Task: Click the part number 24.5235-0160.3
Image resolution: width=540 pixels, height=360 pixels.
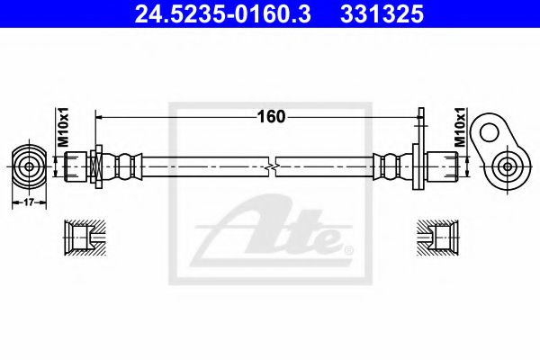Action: [x=208, y=14]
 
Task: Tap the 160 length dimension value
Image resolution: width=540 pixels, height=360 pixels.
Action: [x=271, y=116]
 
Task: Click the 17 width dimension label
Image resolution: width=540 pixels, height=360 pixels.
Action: [x=30, y=203]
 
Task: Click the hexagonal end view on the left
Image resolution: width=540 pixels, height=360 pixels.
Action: [x=30, y=166]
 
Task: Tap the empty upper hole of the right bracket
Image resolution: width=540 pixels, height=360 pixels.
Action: [x=490, y=132]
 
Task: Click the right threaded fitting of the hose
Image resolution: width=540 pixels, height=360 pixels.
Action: [x=444, y=166]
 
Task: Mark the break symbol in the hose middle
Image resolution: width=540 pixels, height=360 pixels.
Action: [x=272, y=166]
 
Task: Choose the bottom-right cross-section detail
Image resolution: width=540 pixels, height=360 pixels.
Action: [x=440, y=238]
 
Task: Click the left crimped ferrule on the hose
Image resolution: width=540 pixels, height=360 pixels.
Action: [x=126, y=166]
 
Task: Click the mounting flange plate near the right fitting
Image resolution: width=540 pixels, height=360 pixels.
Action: [x=418, y=166]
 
